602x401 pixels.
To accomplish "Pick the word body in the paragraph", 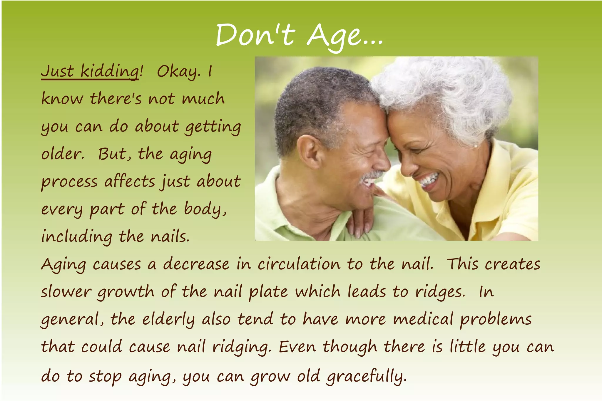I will click(205, 209).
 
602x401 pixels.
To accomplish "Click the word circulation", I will click(298, 264).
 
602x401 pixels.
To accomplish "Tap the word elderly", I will click(168, 320).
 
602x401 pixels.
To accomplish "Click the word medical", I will click(423, 319).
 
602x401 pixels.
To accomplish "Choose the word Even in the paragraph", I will click(297, 347).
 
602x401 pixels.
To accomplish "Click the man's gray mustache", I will click(371, 175).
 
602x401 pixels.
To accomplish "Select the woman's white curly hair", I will click(447, 88).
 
